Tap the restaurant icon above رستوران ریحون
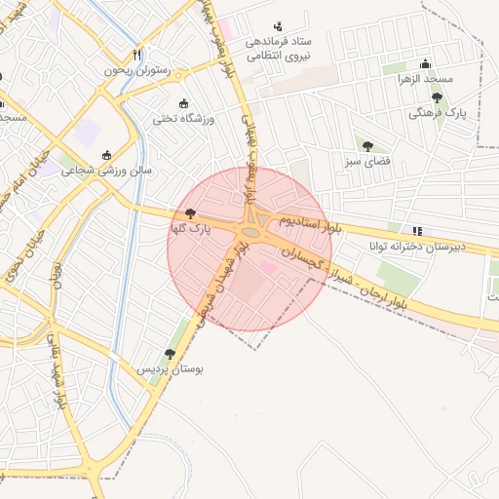click(136, 56)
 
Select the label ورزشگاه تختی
click(176, 119)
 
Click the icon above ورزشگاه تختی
click(183, 103)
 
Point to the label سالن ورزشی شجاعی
click(108, 170)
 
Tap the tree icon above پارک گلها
click(190, 213)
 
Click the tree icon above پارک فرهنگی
click(437, 97)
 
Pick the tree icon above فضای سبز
click(366, 145)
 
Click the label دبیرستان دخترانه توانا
click(418, 247)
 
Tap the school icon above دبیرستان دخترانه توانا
click(417, 231)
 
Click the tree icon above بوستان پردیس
click(170, 354)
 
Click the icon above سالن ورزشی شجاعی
click(106, 154)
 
